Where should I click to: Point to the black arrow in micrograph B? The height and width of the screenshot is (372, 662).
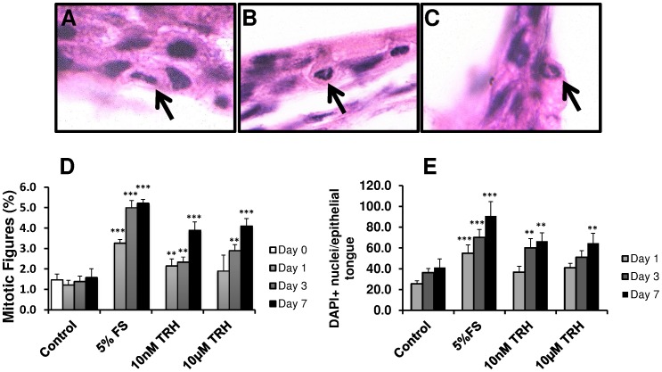coord(336,99)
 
